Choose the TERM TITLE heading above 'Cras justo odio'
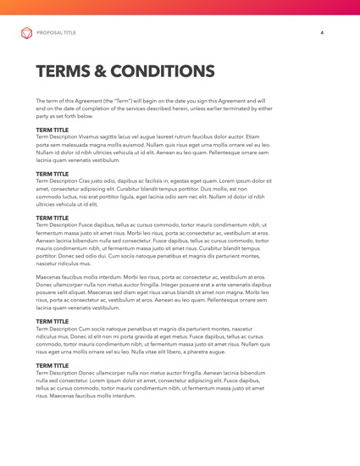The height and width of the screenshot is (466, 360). (x=53, y=175)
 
